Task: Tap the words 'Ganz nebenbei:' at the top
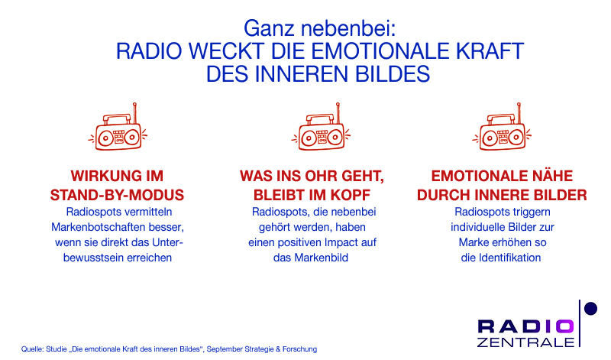pyautogui.click(x=319, y=28)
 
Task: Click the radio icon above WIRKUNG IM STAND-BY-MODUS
pyautogui.click(x=118, y=127)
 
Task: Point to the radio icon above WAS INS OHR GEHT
pyautogui.click(x=321, y=127)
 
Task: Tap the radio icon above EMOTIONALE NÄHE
pyautogui.click(x=502, y=127)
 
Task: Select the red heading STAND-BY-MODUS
pyautogui.click(x=117, y=195)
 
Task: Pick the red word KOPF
pyautogui.click(x=351, y=195)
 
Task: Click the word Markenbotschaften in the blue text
pyautogui.click(x=93, y=227)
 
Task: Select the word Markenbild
pyautogui.click(x=322, y=258)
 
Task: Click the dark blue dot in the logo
pyautogui.click(x=590, y=309)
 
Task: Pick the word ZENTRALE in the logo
pyautogui.click(x=525, y=342)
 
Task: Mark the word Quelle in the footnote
pyautogui.click(x=32, y=349)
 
